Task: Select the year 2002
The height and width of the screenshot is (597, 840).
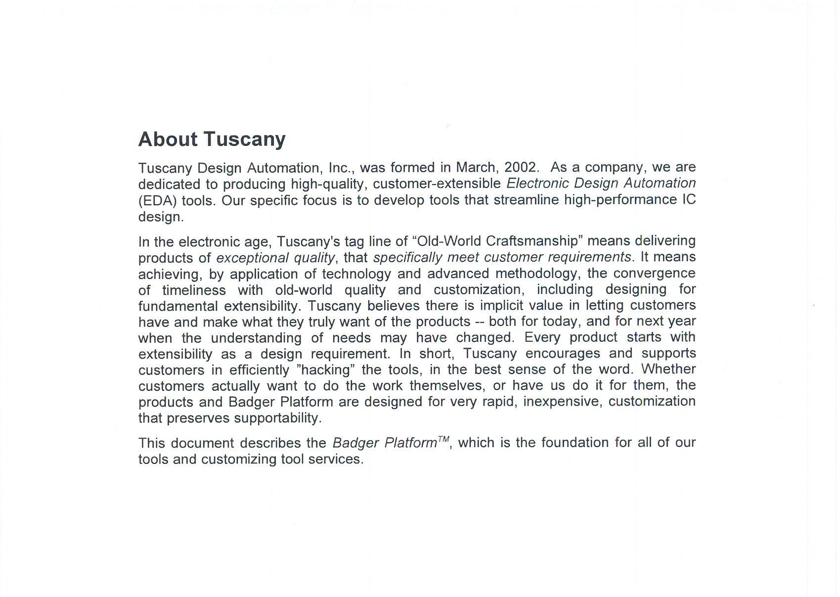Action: (519, 167)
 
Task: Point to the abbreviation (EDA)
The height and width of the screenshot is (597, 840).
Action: (157, 200)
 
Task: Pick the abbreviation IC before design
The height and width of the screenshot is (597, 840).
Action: (689, 199)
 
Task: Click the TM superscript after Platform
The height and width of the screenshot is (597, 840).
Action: (443, 438)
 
